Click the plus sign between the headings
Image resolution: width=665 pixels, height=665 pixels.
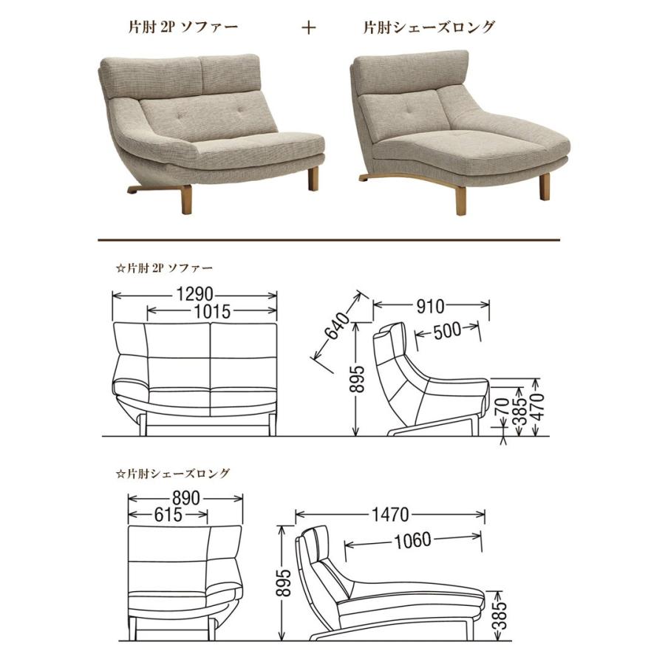point(309,28)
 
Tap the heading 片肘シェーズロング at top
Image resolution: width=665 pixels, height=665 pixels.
point(429,28)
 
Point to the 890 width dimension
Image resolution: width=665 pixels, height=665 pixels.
point(185,498)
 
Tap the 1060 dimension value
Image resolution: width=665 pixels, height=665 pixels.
point(412,540)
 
